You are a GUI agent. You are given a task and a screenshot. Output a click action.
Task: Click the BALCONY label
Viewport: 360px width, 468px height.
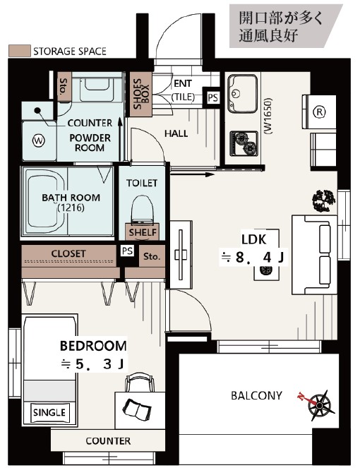pos(256,395)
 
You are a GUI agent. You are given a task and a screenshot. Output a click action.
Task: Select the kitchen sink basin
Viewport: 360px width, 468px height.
pos(242,93)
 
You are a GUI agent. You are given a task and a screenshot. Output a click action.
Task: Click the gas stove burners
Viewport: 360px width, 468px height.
pos(244,144)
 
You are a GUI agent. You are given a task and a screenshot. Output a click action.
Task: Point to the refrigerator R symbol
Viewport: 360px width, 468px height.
pos(319,112)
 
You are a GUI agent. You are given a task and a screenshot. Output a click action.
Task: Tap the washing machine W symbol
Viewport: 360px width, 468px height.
pos(39,140)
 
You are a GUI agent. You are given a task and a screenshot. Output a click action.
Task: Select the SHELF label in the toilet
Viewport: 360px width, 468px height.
pos(143,232)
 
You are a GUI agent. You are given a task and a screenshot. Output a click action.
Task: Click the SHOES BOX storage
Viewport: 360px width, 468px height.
pos(141,95)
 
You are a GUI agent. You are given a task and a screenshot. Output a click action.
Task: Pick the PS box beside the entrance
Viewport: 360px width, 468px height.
pos(212,97)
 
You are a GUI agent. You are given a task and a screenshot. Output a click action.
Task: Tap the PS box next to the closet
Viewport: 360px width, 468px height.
pos(128,251)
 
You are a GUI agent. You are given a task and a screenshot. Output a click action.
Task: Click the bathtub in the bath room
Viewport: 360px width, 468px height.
pos(45,202)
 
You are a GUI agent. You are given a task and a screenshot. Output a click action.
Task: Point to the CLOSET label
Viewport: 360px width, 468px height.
pos(68,253)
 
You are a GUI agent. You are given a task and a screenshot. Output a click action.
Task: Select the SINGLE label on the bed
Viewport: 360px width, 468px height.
pos(49,413)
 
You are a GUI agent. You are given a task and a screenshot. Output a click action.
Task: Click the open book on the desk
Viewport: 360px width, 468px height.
pos(138,408)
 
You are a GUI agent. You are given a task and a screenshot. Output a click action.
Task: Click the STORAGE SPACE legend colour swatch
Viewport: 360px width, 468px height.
pos(19,51)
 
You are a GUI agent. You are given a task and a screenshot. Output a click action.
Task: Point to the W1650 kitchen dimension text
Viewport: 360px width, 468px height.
pos(268,116)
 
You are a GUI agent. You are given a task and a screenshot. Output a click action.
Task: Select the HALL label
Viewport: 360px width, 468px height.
pos(176,133)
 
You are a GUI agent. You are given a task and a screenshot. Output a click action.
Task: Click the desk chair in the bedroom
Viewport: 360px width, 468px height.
pos(140,382)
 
